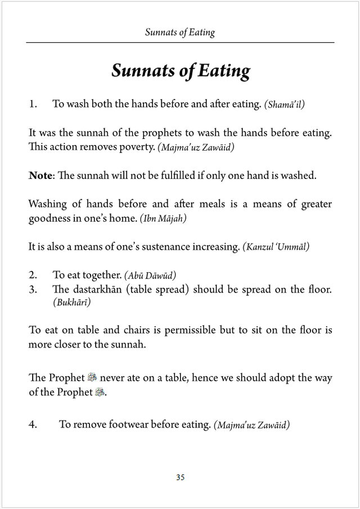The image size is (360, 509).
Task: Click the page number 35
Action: (x=180, y=478)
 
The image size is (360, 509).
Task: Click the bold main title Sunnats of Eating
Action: (x=181, y=71)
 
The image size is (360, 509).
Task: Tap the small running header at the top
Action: (x=180, y=32)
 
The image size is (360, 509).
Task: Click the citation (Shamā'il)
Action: (x=284, y=105)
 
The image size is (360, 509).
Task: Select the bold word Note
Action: (x=40, y=175)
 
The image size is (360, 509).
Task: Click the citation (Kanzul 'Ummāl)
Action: (x=276, y=247)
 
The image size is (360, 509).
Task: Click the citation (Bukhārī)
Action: (x=71, y=303)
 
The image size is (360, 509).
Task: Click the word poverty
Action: (x=137, y=147)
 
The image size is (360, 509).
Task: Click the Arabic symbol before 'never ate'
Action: (x=93, y=378)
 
